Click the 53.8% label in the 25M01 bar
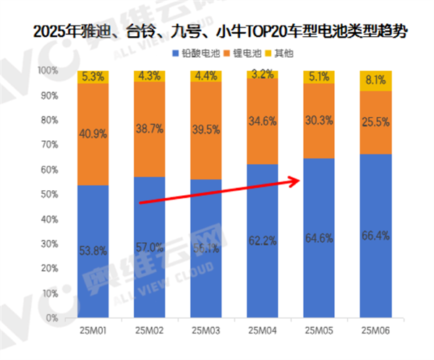pos(93,251)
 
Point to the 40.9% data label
pos(93,133)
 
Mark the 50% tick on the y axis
pos(49,194)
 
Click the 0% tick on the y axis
pos(52,318)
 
